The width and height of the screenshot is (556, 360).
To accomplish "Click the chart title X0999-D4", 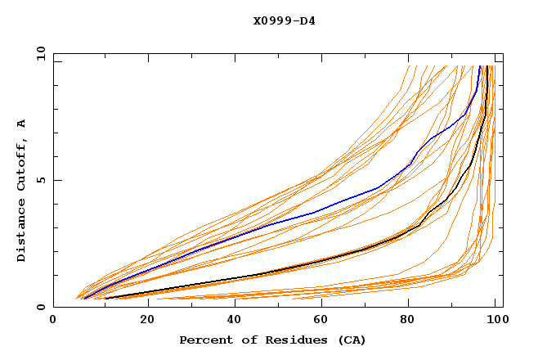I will [x=284, y=20].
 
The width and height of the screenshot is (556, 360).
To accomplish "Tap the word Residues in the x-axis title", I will [x=289, y=340].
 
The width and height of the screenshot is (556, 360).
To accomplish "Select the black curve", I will [x=327, y=259].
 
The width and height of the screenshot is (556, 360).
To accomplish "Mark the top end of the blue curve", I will [x=480, y=66].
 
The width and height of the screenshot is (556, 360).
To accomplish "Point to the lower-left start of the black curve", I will [x=105, y=299].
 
